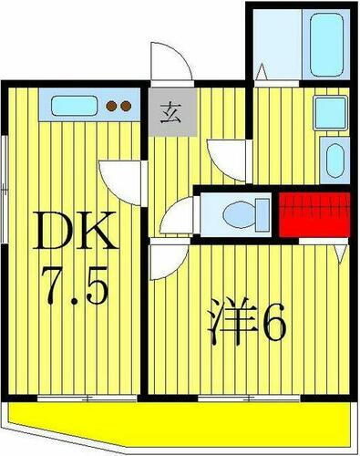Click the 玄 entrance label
point(171,114)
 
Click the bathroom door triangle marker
point(261,70)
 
